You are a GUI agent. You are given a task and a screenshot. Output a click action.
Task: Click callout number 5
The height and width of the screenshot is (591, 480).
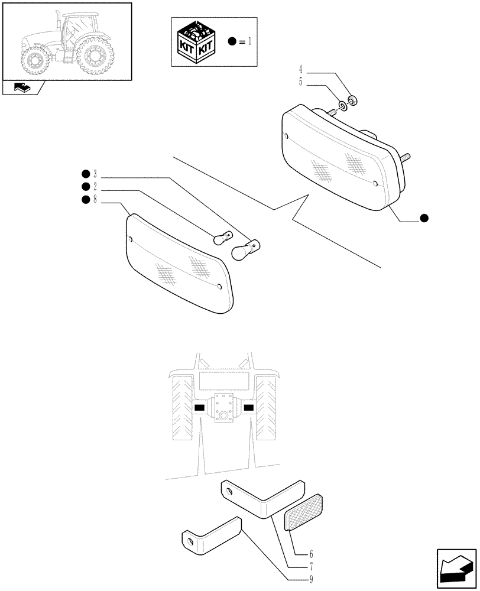tap(300, 83)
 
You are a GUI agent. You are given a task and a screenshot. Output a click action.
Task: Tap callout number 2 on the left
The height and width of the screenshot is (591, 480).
tap(95, 187)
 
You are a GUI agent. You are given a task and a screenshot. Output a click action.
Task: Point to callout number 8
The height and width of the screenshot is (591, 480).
tap(95, 200)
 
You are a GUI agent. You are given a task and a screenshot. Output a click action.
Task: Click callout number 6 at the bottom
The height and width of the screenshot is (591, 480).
tap(310, 555)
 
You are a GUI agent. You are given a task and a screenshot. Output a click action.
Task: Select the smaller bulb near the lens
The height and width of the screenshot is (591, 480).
tap(221, 236)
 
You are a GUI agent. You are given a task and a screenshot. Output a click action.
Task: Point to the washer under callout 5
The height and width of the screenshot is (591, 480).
tap(342, 108)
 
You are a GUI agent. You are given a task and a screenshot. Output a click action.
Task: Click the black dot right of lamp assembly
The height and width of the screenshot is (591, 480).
tap(424, 218)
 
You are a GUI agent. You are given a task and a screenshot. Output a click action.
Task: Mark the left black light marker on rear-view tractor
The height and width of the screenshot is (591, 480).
tap(199, 408)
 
